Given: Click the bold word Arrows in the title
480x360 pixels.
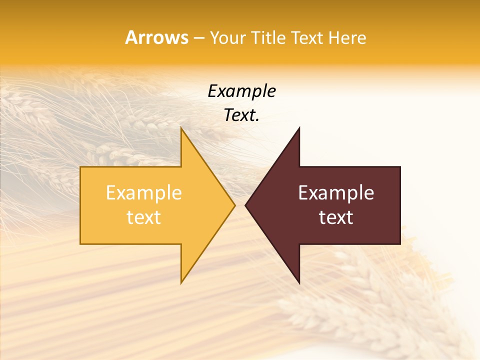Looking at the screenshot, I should (156, 37).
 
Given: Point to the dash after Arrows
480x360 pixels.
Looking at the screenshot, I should (198, 38).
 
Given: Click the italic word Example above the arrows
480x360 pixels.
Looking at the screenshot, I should (241, 91).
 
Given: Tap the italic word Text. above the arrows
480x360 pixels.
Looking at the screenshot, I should (241, 115).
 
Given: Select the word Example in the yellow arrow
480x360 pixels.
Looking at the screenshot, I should (143, 193).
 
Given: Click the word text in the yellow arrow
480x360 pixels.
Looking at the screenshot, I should (143, 217).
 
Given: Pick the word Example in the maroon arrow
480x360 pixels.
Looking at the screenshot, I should (336, 193).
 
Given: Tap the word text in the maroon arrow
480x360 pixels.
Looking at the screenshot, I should (336, 217).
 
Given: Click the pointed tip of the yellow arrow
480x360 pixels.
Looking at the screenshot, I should (234, 205).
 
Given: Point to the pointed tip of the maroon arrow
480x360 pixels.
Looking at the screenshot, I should (245, 205).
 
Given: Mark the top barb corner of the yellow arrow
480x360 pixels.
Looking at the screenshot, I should (181, 128).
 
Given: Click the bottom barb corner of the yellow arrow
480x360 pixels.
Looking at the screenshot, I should (181, 283).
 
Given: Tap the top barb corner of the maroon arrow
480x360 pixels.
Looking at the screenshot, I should (299, 128).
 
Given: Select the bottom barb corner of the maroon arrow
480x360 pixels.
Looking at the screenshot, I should (299, 283).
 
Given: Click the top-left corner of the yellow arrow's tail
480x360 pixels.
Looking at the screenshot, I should (81, 167).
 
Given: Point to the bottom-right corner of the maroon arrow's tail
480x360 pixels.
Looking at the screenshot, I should (400, 243).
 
